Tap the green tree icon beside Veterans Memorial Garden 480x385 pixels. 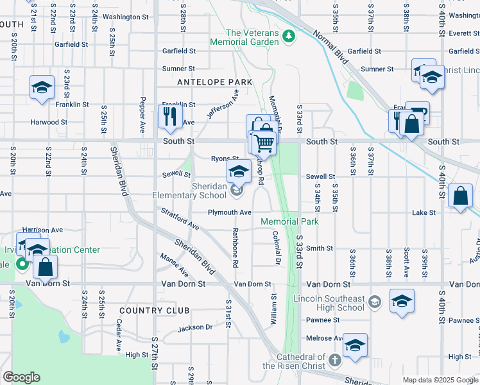coord(289,35)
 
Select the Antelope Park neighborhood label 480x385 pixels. coord(214,82)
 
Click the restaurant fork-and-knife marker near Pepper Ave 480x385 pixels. coord(169,116)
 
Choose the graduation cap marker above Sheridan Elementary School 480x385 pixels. coord(239,171)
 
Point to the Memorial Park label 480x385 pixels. coord(289,221)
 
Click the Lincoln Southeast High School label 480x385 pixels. coord(329,303)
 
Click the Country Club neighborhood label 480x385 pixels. coord(154,311)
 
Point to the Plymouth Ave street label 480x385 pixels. coord(229,212)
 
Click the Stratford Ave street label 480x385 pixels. coord(180,218)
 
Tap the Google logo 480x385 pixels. coord(21,377)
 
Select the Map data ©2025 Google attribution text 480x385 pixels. coord(440,380)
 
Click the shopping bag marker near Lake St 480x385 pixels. coord(461,196)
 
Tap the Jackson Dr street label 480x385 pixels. coord(195,327)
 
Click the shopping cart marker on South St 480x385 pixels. coord(263,142)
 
